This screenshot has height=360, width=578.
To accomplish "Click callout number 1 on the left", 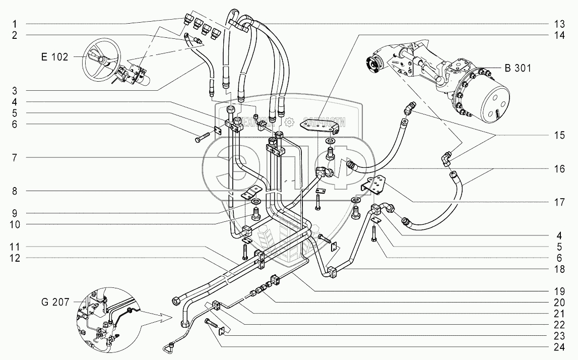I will coord(16,23).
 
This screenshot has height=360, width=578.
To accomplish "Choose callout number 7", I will coord(16,158).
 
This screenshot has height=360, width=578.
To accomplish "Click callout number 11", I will coord(16,247).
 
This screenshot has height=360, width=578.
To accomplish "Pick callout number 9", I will coord(16,212).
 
